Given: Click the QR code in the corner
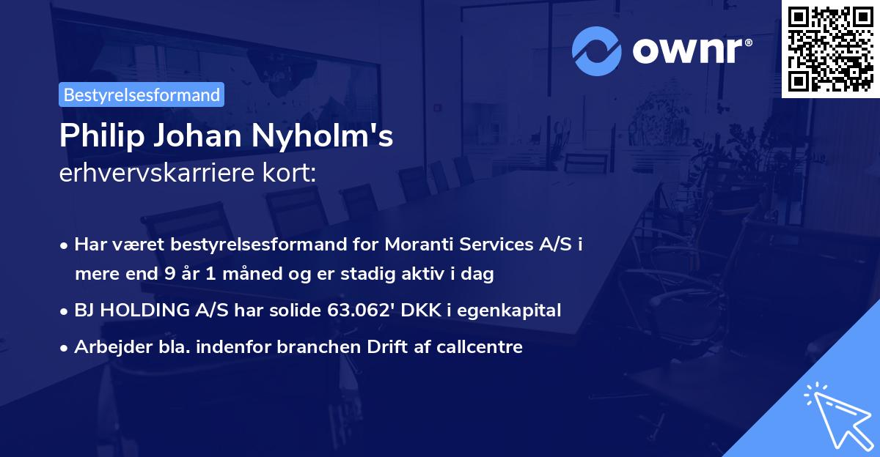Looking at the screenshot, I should tap(830, 48).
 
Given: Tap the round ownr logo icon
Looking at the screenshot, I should tap(597, 51).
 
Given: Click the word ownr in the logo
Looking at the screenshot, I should tap(689, 51).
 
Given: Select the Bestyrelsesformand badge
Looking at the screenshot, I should tap(141, 94).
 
